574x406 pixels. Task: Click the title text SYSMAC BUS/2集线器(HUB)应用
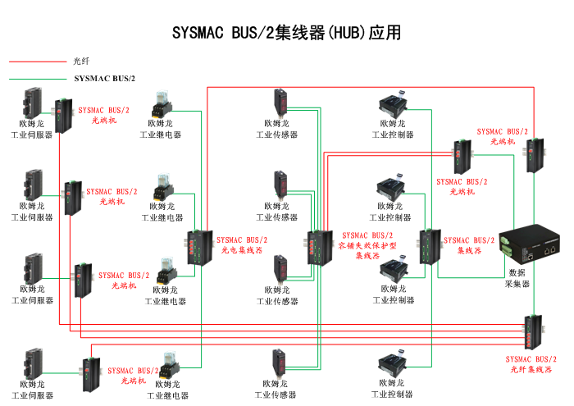click(287, 34)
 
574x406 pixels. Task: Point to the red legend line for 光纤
click(37, 62)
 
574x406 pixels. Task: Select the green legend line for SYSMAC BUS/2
click(37, 79)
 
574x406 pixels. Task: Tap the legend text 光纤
click(80, 62)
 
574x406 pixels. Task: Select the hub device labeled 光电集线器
click(198, 245)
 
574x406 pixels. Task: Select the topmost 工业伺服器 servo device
click(32, 102)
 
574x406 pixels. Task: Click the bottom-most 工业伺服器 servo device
click(33, 363)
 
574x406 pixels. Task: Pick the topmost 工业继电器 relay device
click(161, 106)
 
